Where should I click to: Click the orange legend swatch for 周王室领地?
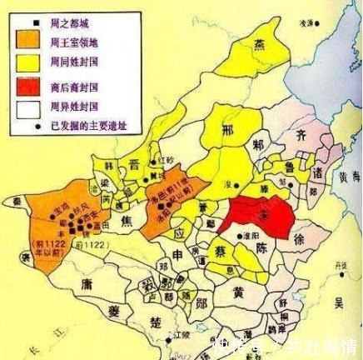click(30, 41)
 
